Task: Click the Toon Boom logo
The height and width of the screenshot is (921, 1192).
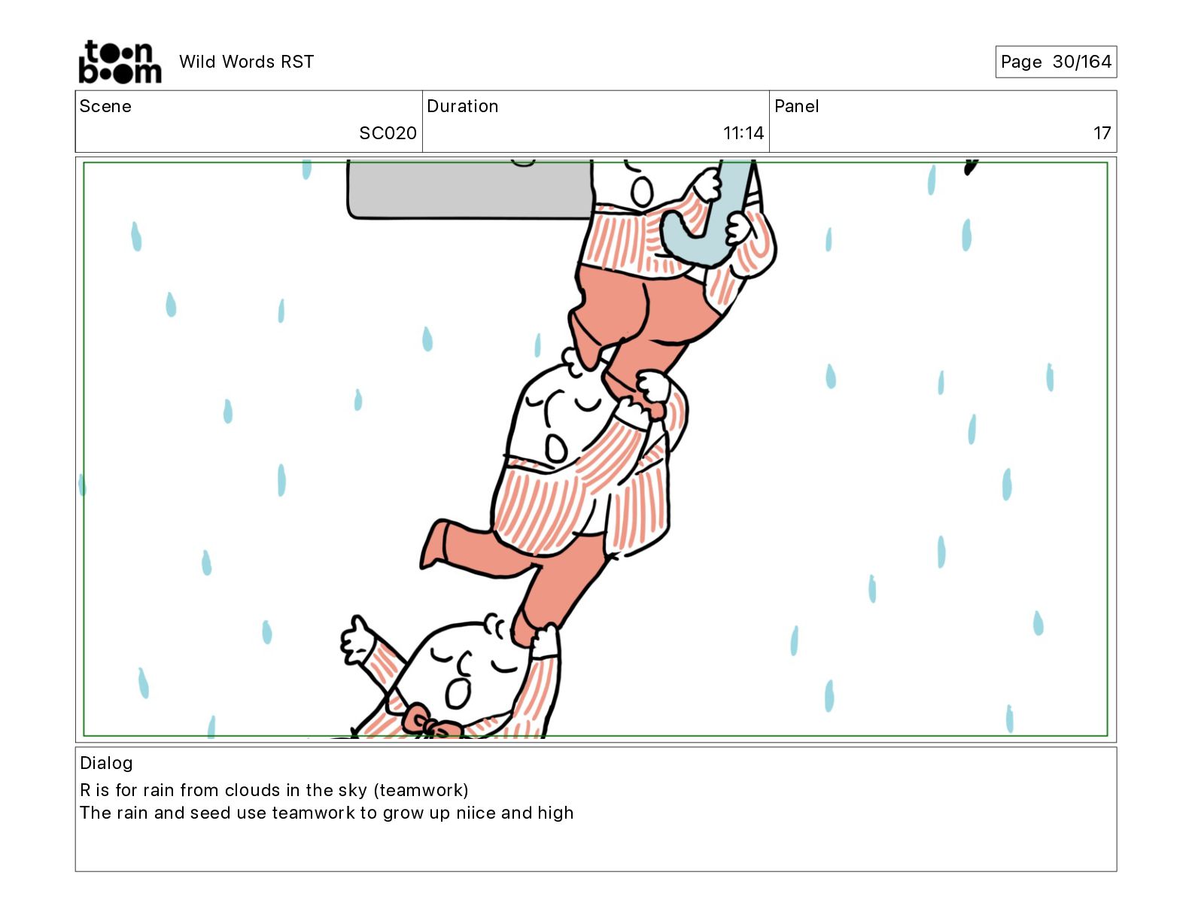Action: (120, 62)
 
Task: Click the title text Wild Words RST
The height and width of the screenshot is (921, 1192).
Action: (246, 62)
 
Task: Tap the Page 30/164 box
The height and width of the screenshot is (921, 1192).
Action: (1055, 62)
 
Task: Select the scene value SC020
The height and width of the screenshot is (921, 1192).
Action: (388, 132)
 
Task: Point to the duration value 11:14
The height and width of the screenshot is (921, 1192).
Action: (743, 132)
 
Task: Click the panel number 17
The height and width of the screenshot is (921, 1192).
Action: (1102, 132)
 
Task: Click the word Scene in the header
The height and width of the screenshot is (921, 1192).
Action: (105, 106)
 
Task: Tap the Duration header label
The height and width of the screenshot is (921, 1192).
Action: (463, 106)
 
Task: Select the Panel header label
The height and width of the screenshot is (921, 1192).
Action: (796, 106)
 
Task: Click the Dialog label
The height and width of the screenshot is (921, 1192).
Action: (106, 763)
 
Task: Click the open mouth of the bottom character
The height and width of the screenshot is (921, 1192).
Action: (458, 694)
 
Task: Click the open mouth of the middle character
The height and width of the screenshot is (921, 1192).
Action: (555, 448)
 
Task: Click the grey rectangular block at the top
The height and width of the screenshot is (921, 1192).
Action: (470, 190)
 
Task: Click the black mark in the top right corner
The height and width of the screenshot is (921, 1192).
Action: (971, 167)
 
